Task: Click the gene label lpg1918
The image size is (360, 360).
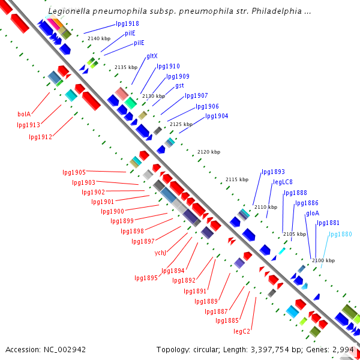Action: point(127,24)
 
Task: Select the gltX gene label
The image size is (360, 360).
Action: point(152,56)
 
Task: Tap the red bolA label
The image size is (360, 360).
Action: point(24,113)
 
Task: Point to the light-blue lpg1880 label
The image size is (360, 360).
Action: point(340,234)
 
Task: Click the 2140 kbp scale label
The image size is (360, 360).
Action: point(98,38)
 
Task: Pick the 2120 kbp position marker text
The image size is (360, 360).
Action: point(208,152)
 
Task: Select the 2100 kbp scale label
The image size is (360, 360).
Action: point(323,260)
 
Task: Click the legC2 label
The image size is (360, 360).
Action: point(242,331)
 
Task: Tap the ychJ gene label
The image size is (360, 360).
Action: point(160,252)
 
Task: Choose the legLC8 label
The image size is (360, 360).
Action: point(283,182)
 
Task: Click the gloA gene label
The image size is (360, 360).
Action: point(313,213)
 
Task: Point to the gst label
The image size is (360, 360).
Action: point(179,86)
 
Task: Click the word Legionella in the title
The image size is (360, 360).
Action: point(68,11)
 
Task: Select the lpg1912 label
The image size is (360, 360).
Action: point(40,137)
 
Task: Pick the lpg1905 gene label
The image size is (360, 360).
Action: point(74,172)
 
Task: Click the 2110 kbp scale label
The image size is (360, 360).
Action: point(266,207)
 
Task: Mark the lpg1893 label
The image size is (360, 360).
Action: point(273,172)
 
